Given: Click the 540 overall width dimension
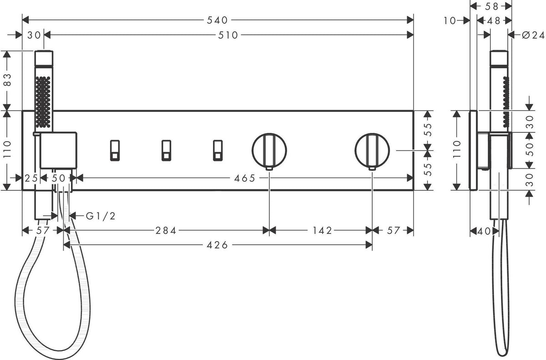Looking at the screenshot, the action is pyautogui.click(x=217, y=20).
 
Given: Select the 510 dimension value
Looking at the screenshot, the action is pyautogui.click(x=228, y=35).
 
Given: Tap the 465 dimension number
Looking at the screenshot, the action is pyautogui.click(x=244, y=178).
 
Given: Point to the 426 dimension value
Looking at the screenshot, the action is pyautogui.click(x=217, y=245).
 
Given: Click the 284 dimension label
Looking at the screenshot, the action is pyautogui.click(x=166, y=231).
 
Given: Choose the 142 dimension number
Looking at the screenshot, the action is pyautogui.click(x=322, y=231).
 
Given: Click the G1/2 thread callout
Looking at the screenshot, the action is pyautogui.click(x=101, y=216).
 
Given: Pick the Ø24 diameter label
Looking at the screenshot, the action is pyautogui.click(x=533, y=35).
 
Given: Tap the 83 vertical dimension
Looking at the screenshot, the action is pyautogui.click(x=8, y=80).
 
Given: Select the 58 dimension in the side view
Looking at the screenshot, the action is pyautogui.click(x=492, y=6).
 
